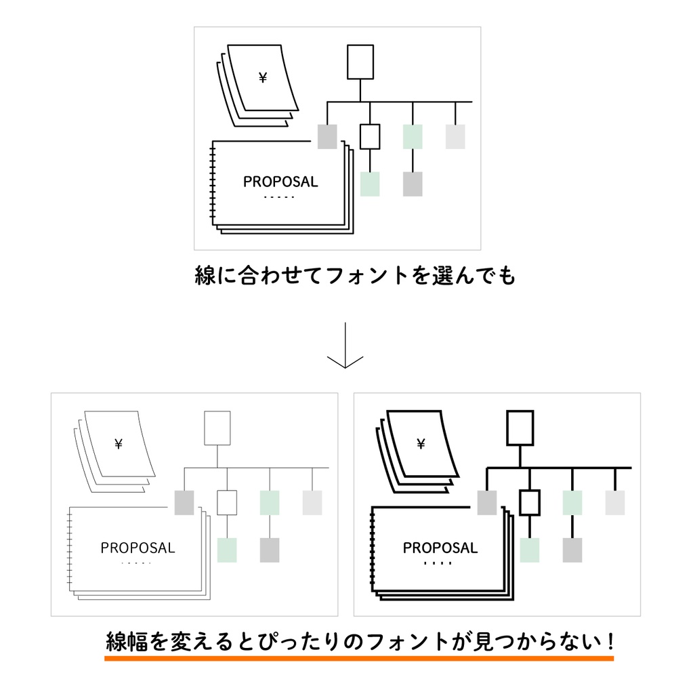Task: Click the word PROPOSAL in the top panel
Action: tap(280, 182)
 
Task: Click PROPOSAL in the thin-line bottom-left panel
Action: tap(138, 548)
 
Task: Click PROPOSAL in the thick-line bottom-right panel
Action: tap(440, 548)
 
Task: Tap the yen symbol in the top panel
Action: tap(263, 78)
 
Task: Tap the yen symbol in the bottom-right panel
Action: tap(421, 444)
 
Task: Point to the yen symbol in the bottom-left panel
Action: tap(119, 444)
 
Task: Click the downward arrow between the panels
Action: tap(345, 346)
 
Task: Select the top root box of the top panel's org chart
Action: tap(360, 62)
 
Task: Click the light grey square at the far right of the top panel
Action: tap(455, 136)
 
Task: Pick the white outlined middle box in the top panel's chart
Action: tap(370, 136)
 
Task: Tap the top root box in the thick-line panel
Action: tap(520, 428)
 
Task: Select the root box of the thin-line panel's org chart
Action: tap(217, 428)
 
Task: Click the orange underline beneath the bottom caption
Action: tap(359, 657)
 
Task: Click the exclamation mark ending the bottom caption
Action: tap(608, 639)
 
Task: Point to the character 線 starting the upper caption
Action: tap(205, 276)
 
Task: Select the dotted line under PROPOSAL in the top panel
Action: tap(279, 197)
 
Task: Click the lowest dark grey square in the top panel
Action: tap(413, 184)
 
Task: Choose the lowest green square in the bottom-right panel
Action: tap(530, 550)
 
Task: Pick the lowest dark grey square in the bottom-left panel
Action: tap(270, 550)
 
